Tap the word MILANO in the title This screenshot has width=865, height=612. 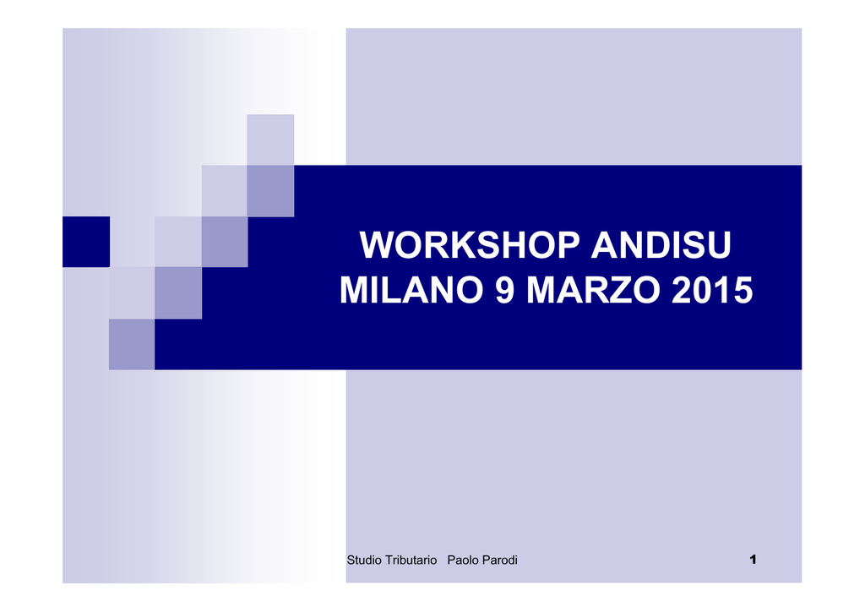pos(411,290)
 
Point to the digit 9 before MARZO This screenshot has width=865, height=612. pos(505,290)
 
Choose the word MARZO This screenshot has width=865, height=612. pos(593,290)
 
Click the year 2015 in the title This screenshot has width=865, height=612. pos(712,290)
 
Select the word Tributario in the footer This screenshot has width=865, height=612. pos(411,560)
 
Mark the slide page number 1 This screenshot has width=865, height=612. pos(753,560)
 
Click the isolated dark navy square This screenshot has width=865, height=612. pos(86,242)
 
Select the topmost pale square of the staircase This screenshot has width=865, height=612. pos(270,139)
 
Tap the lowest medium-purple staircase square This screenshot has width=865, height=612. pos(132,344)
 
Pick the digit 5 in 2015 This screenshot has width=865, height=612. pos(743,290)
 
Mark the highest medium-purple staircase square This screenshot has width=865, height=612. pos(270,191)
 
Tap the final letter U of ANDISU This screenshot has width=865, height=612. pos(720,245)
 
